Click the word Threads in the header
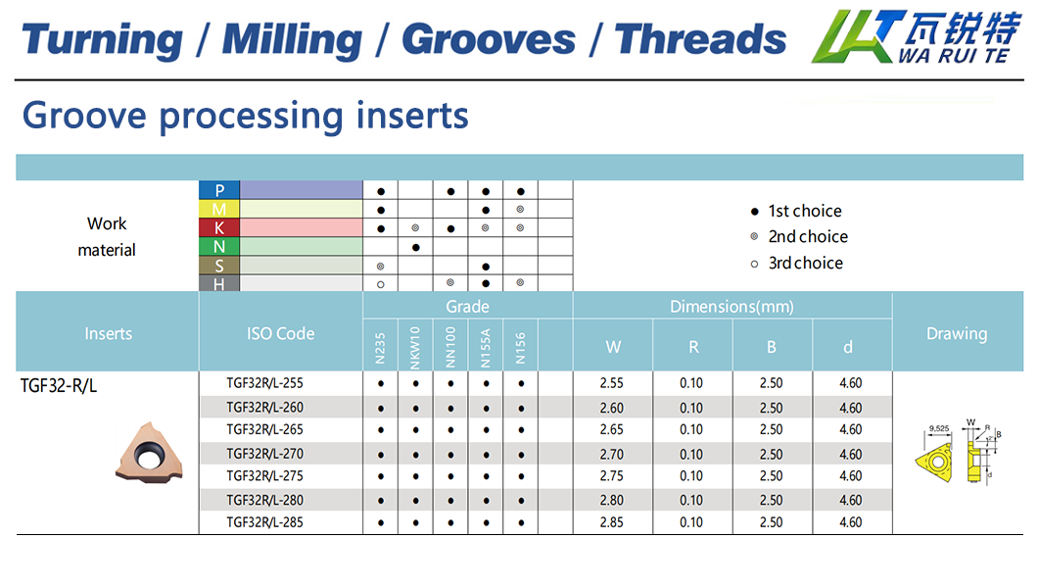tap(700, 39)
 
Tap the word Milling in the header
tap(292, 39)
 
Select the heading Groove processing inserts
tap(245, 115)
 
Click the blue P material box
tap(219, 190)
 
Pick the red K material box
tap(219, 227)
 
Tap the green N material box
tap(219, 246)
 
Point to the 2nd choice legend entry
tap(798, 236)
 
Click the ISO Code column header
tap(280, 333)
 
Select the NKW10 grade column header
tap(415, 346)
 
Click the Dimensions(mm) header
tap(731, 307)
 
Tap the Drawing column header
tap(956, 333)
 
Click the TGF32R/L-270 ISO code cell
tap(264, 454)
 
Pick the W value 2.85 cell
tap(612, 522)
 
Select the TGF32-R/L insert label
tap(59, 385)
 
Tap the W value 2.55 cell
tap(612, 383)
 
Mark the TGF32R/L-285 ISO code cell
tap(264, 522)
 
